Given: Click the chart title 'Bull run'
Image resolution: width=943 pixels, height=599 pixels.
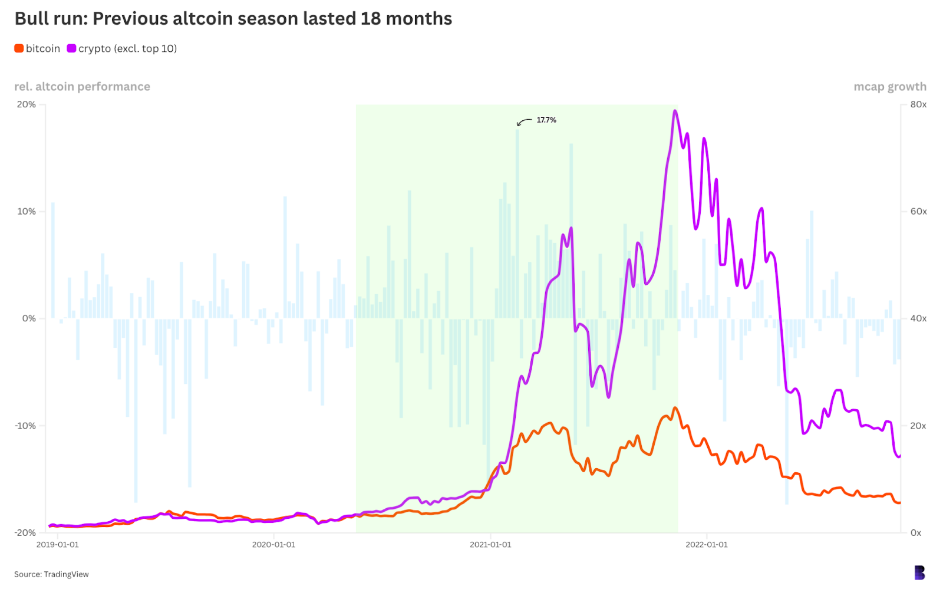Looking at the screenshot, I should (x=233, y=19).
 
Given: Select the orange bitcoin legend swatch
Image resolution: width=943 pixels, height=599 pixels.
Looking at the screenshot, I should (x=19, y=48).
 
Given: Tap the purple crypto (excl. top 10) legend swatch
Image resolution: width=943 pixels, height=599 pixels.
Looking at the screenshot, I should (x=71, y=48).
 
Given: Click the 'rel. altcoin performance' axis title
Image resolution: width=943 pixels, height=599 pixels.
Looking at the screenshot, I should (x=82, y=87).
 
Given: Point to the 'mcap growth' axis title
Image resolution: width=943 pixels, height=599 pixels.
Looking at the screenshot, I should (x=889, y=87).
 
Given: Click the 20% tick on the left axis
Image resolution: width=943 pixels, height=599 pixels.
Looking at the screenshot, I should (x=27, y=104).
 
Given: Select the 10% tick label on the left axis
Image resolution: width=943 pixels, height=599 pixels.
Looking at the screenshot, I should (x=27, y=212).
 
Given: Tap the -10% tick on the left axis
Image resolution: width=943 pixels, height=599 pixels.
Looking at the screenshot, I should (x=25, y=426).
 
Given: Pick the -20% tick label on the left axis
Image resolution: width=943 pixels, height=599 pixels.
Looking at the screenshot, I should (x=25, y=532).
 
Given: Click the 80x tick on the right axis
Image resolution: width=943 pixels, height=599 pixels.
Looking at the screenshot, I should (x=918, y=104).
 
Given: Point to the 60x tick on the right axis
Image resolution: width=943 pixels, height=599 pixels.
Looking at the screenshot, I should (x=918, y=212).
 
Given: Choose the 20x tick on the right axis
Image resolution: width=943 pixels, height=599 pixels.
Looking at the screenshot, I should (x=918, y=426).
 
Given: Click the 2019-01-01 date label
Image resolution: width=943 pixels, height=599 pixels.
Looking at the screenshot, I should (x=57, y=545).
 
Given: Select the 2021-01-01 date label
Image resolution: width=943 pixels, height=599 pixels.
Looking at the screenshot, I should (x=490, y=545).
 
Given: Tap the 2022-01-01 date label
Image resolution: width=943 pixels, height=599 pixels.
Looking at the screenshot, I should (x=706, y=545).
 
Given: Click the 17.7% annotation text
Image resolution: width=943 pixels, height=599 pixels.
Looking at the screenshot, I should (x=546, y=120).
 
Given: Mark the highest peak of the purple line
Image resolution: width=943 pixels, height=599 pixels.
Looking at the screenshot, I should (x=675, y=111).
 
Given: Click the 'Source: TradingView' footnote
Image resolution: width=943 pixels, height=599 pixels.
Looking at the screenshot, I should (x=51, y=574).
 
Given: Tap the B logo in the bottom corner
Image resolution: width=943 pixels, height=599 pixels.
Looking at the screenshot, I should (x=919, y=572).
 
